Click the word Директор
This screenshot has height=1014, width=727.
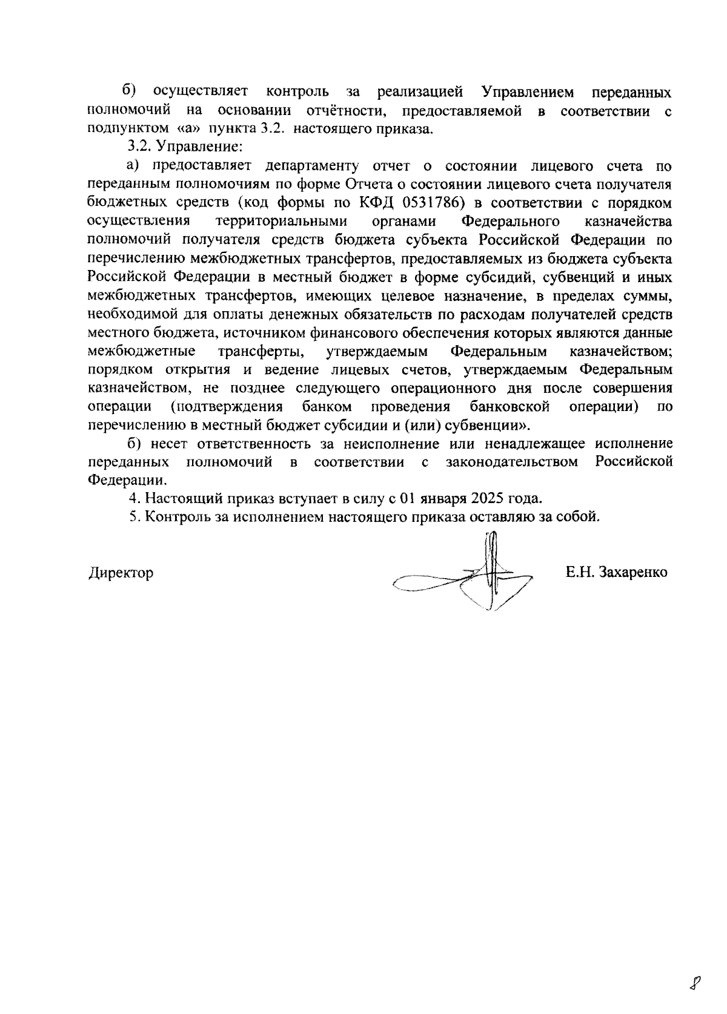[121, 573]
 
